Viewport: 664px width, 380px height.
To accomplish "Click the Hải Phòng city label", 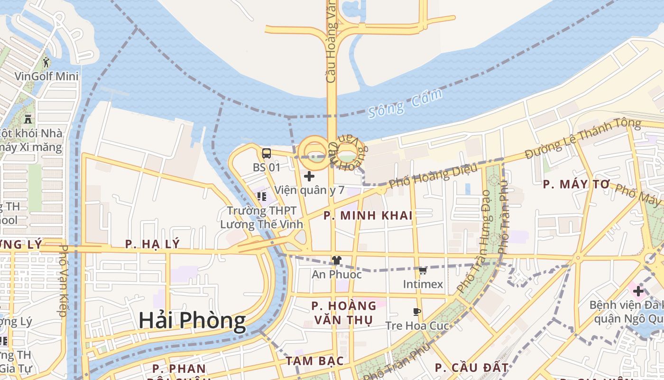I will [x=192, y=321].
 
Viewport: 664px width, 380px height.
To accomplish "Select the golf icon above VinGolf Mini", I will [x=46, y=62].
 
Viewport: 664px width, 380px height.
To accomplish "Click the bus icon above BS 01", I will [x=267, y=153].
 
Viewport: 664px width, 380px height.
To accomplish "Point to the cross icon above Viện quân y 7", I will [x=309, y=176].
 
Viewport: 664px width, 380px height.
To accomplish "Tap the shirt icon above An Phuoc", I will [x=336, y=260].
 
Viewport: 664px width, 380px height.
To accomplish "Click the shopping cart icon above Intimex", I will [x=423, y=270].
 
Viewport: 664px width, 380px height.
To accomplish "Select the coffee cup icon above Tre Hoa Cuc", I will [x=416, y=312].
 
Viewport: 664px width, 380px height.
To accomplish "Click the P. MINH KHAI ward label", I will [x=368, y=216].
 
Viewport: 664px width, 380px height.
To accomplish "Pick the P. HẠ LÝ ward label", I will [x=152, y=244].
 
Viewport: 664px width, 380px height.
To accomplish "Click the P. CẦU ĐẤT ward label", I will [x=471, y=368].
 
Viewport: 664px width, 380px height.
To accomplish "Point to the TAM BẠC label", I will [x=314, y=361].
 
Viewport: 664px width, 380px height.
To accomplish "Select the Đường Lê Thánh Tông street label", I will [x=583, y=139].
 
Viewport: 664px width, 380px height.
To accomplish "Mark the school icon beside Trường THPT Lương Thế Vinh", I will [x=261, y=196].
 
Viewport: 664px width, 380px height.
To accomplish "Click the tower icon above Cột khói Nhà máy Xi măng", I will [x=28, y=119].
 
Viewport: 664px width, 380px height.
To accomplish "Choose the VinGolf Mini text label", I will [x=46, y=76].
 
